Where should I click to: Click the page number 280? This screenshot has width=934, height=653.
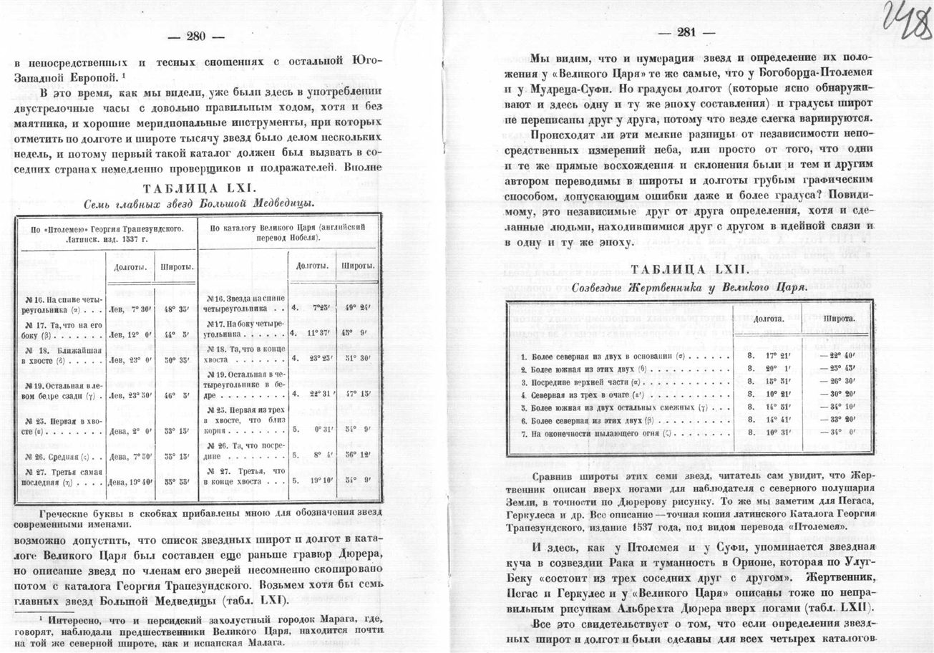click(195, 37)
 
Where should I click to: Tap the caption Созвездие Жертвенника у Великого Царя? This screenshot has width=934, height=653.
click(685, 286)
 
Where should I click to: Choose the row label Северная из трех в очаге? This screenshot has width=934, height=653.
click(587, 394)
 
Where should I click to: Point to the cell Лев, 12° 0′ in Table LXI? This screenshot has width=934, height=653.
click(129, 334)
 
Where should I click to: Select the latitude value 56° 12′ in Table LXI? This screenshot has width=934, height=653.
click(355, 455)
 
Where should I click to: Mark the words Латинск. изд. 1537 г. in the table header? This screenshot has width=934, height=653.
click(104, 238)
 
